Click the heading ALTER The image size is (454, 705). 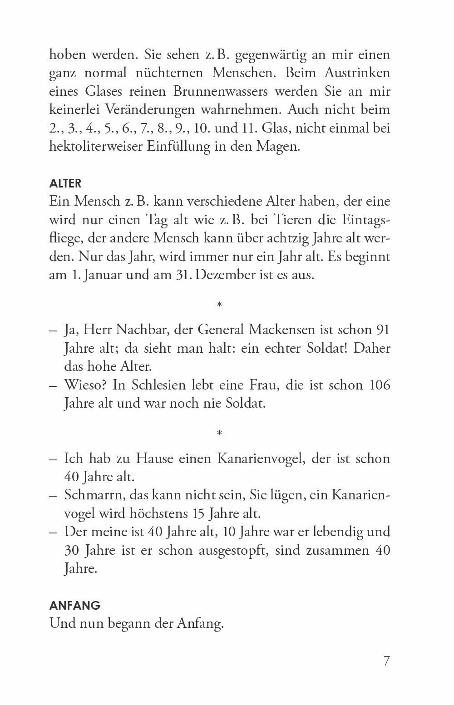(65, 184)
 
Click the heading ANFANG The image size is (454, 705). (74, 606)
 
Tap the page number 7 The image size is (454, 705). (386, 661)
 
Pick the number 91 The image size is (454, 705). (380, 330)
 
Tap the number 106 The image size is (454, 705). (377, 385)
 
